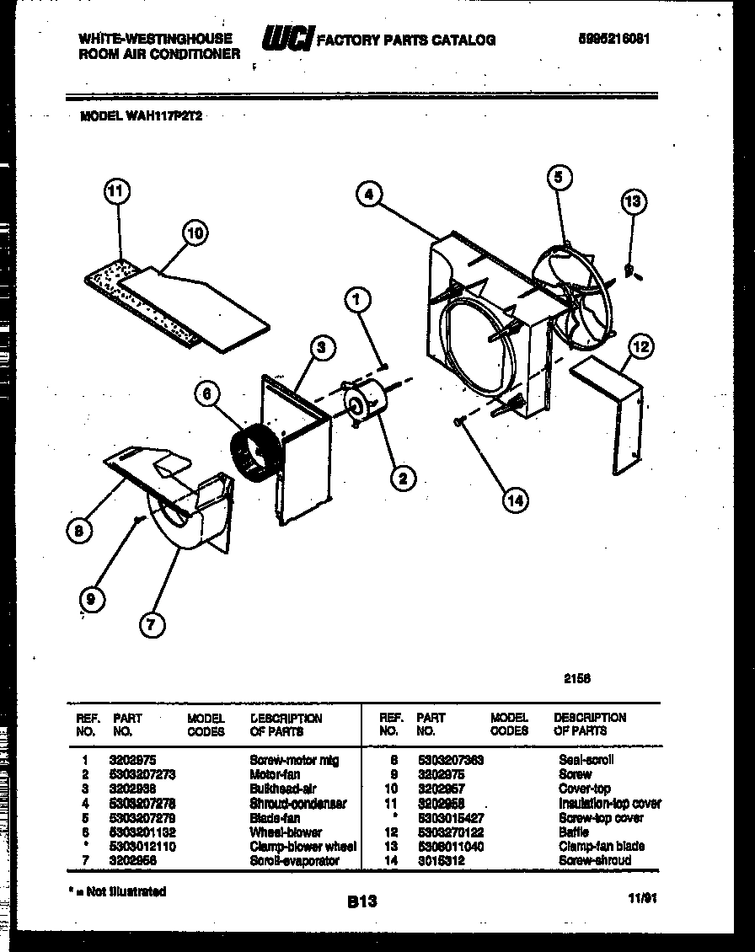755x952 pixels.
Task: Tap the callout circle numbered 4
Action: point(367,195)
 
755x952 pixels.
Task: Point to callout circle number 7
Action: point(153,624)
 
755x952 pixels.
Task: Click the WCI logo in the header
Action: point(287,39)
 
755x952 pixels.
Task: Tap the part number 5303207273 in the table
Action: point(141,774)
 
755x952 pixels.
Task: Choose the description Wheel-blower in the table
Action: point(286,832)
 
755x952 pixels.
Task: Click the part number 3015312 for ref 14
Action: point(442,861)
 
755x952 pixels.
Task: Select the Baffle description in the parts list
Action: point(573,832)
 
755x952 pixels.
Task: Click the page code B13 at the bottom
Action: point(363,901)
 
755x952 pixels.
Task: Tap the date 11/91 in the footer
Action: point(643,898)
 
